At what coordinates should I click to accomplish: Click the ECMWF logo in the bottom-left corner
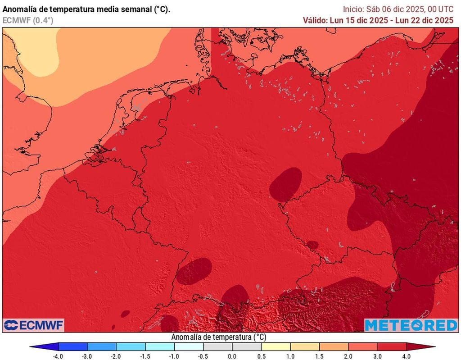(x=34, y=325)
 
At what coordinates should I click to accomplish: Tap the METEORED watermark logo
(x=411, y=325)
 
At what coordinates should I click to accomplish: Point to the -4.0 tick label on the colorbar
(x=58, y=356)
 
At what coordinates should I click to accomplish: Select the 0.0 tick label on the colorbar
(x=232, y=356)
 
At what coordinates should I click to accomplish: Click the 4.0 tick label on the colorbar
(x=407, y=356)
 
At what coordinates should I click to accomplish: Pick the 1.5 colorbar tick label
(x=320, y=356)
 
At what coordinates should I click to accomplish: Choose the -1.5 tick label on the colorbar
(x=145, y=356)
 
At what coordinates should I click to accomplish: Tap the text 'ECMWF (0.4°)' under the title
(x=28, y=20)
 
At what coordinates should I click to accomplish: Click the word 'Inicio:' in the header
(x=353, y=9)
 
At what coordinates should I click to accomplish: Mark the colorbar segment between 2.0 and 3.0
(x=363, y=346)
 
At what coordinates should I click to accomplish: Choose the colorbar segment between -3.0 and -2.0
(x=102, y=346)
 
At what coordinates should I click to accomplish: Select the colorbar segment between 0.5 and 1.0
(x=276, y=346)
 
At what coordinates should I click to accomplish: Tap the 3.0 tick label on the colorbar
(x=377, y=356)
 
